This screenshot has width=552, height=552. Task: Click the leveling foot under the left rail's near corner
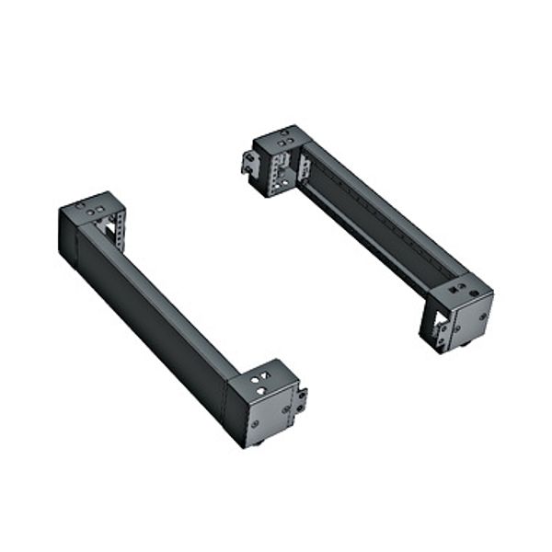pos(260,442)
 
